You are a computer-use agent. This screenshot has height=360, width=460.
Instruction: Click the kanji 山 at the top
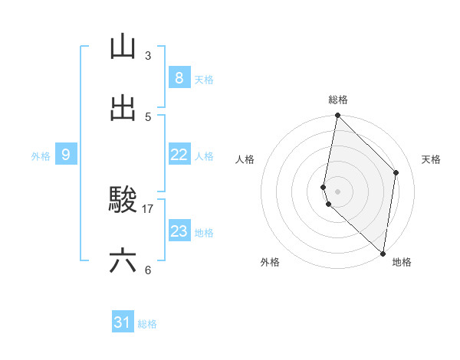pyautogui.click(x=123, y=47)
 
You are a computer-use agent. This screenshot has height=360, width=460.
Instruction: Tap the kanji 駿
pyautogui.click(x=123, y=201)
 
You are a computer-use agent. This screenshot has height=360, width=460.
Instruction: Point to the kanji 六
pyautogui.click(x=123, y=261)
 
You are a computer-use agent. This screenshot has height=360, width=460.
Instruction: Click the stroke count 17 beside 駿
pyautogui.click(x=148, y=208)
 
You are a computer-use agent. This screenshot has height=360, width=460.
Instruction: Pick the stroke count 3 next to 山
pyautogui.click(x=148, y=56)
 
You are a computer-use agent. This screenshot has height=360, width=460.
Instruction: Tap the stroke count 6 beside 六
pyautogui.click(x=148, y=270)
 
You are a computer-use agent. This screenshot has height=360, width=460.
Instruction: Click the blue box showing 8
pyautogui.click(x=179, y=77)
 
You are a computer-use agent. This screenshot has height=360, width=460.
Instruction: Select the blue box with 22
pyautogui.click(x=179, y=155)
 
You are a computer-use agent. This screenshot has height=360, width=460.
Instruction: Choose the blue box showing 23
pyautogui.click(x=179, y=231)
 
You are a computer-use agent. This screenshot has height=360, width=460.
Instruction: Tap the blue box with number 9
pyautogui.click(x=66, y=155)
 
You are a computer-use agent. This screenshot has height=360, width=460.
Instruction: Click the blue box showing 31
pyautogui.click(x=123, y=322)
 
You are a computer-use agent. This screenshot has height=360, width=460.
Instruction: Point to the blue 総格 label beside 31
pyautogui.click(x=147, y=324)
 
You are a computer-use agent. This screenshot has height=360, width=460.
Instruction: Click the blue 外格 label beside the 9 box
pyautogui.click(x=41, y=156)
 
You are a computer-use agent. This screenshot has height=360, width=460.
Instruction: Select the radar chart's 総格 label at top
pyautogui.click(x=338, y=100)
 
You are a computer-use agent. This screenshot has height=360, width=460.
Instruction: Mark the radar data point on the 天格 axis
pyautogui.click(x=396, y=172)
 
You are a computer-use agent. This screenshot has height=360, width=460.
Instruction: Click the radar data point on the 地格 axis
pyautogui.click(x=383, y=254)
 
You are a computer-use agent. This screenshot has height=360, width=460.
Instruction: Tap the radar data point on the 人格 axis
pyautogui.click(x=324, y=187)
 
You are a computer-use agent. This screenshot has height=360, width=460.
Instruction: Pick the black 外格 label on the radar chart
pyautogui.click(x=270, y=262)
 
